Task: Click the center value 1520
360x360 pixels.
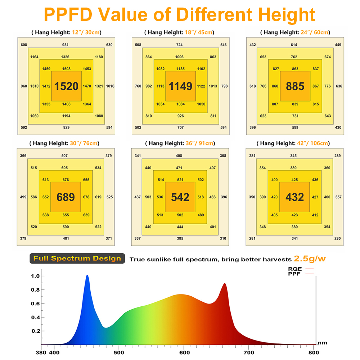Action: coord(66,86)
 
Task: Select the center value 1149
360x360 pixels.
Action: coord(180,86)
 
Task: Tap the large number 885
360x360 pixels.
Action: coord(295,86)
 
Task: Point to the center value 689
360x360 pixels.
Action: coord(66,197)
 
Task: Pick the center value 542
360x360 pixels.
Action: coord(180,197)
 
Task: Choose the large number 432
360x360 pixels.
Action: coord(294,197)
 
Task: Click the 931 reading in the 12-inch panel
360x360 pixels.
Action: coord(65,45)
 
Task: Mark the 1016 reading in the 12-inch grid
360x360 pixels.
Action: coord(110,86)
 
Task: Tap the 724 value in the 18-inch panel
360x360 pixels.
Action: coord(179,45)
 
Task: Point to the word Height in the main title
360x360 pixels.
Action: coord(281,15)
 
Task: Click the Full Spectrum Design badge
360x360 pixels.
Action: coord(77,258)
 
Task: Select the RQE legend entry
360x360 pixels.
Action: coord(301,269)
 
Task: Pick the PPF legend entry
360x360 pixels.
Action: coord(301,274)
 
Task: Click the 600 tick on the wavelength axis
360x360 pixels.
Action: coord(184,353)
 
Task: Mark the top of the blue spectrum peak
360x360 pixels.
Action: coord(87,276)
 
